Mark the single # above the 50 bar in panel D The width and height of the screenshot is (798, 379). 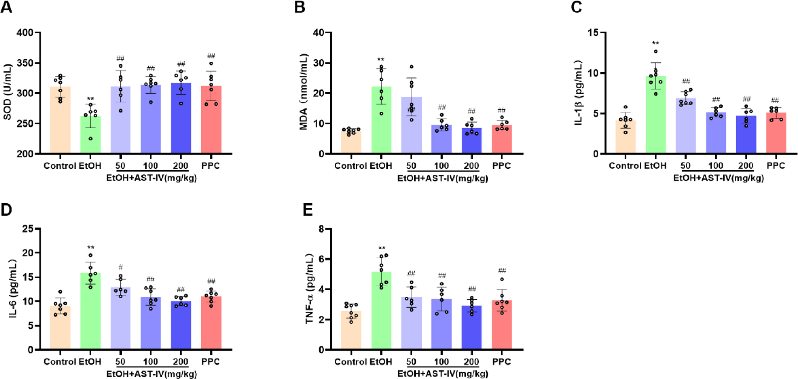point(120,267)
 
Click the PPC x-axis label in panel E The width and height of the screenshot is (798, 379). point(502,361)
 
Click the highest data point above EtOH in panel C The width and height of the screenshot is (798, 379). point(656,51)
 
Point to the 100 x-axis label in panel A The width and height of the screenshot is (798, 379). point(151,166)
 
